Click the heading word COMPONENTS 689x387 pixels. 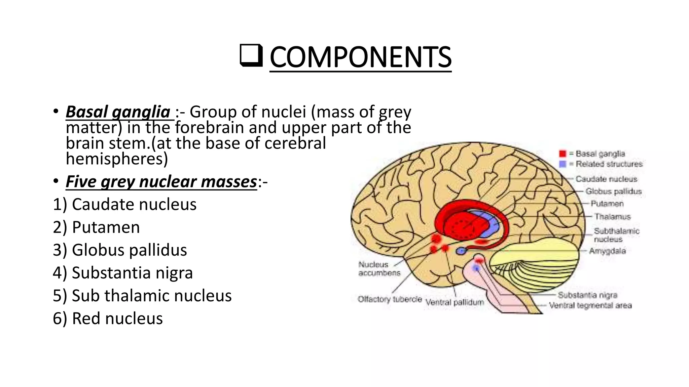[x=360, y=57]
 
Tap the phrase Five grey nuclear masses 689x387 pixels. [x=161, y=182]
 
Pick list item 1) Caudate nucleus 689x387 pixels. [x=125, y=204]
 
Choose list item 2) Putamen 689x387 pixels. [x=96, y=227]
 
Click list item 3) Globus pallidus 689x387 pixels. [x=120, y=250]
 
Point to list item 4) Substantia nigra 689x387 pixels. [x=123, y=273]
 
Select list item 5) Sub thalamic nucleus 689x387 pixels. [x=142, y=296]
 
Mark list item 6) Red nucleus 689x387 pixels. [x=108, y=318]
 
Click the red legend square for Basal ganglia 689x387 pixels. [x=563, y=154]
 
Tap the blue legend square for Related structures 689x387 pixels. [x=563, y=164]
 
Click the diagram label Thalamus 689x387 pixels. [x=612, y=217]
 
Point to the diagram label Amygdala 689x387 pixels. [x=608, y=251]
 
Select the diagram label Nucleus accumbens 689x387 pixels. [x=379, y=269]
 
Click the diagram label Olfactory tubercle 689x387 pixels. [x=390, y=299]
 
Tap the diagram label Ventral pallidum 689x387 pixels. [x=455, y=302]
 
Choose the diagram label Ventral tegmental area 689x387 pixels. [x=590, y=305]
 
